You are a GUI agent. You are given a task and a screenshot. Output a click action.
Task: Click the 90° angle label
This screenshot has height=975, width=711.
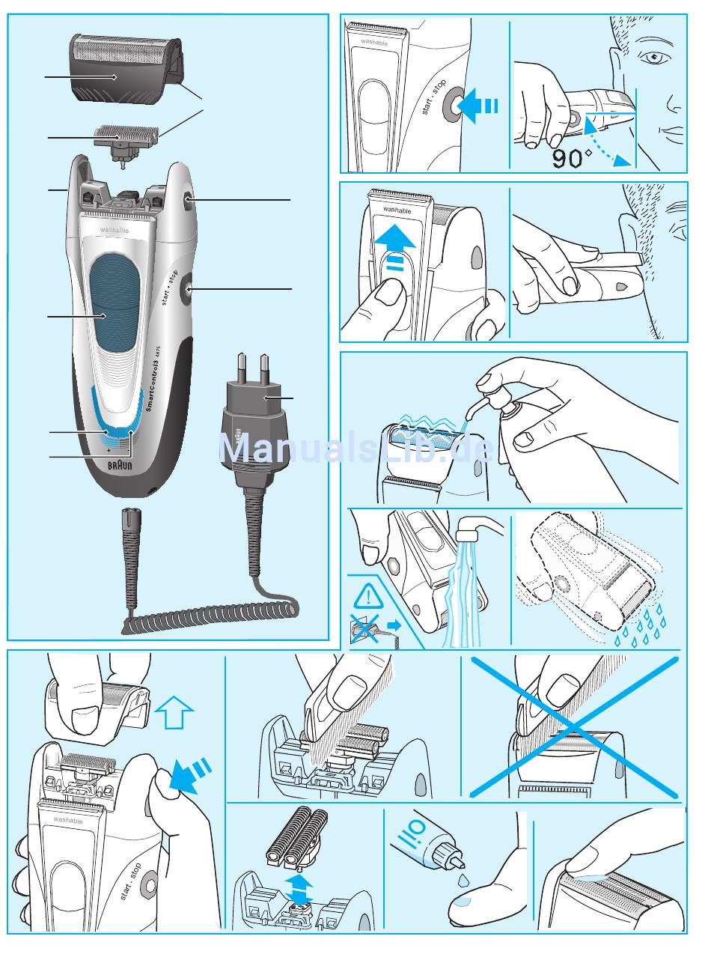573,158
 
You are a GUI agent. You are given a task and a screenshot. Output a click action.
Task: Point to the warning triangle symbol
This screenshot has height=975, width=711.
368,598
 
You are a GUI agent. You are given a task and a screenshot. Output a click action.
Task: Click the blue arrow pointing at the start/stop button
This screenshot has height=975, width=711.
477,106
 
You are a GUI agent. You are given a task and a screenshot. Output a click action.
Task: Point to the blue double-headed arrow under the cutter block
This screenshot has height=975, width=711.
300,884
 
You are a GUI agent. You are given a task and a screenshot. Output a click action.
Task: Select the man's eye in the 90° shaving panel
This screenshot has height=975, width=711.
651,58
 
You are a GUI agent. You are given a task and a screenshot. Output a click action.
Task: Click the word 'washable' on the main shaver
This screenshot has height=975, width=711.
115,231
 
